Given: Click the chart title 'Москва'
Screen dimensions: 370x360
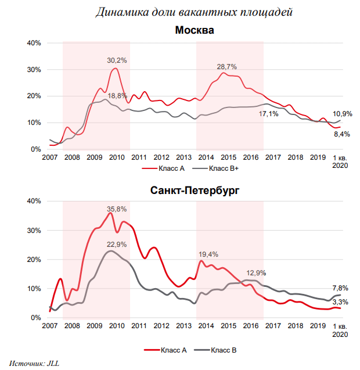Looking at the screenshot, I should point(195,30).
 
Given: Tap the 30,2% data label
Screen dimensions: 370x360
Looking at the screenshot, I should point(117,60).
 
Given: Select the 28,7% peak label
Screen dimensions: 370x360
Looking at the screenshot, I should point(228,67).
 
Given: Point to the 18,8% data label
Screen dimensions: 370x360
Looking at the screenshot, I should point(117,96).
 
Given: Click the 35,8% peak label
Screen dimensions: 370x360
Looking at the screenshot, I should point(116,209).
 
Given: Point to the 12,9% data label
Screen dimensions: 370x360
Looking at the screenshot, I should point(257,272).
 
